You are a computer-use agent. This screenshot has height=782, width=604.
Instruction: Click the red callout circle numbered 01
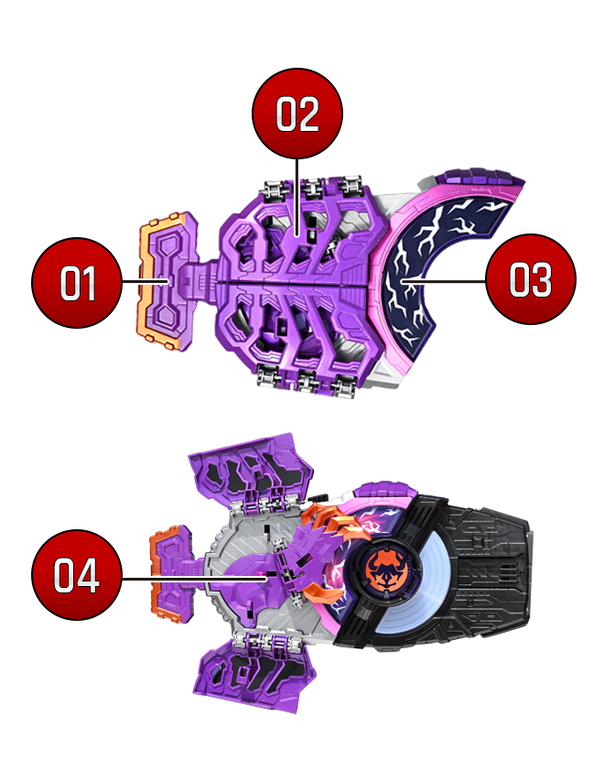pyautogui.click(x=76, y=283)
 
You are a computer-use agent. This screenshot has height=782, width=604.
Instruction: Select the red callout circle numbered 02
pyautogui.click(x=297, y=114)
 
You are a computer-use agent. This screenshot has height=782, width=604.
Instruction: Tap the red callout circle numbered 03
pyautogui.click(x=530, y=279)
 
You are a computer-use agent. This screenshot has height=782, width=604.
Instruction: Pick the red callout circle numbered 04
pyautogui.click(x=76, y=575)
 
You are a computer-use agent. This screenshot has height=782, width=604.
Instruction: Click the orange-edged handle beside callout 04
pyautogui.click(x=171, y=573)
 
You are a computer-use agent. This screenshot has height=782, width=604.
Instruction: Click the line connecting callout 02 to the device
pyautogui.click(x=297, y=197)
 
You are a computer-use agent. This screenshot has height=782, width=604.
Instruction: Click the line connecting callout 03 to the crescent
pyautogui.click(x=444, y=281)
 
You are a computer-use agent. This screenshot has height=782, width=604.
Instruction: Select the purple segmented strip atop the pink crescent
pyautogui.click(x=479, y=177)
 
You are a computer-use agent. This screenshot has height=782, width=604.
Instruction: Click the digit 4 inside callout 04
pyautogui.click(x=88, y=576)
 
